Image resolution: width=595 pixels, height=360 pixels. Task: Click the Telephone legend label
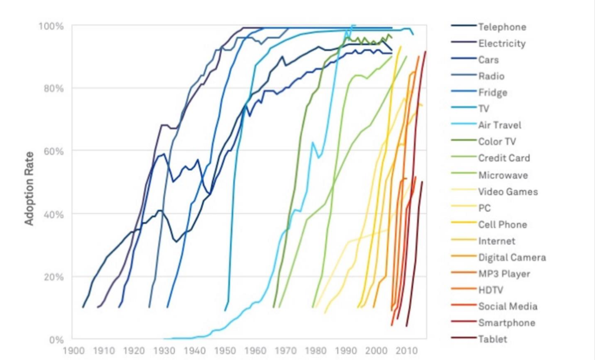coord(502,27)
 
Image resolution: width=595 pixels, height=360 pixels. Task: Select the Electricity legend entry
coord(502,44)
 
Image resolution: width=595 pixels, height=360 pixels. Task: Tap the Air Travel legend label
coord(499,125)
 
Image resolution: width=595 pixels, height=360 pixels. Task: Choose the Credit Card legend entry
coord(504,158)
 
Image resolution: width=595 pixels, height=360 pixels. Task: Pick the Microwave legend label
coord(503,175)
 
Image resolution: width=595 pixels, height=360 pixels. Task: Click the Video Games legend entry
coord(508,192)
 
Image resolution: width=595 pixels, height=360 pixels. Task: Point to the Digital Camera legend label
coord(512,257)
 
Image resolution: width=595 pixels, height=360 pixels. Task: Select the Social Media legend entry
coord(508,306)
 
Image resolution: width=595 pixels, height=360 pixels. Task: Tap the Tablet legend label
coord(493,339)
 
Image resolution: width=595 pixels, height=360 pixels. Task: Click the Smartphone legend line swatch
coord(464,322)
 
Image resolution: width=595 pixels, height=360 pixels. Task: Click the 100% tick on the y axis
coord(51,26)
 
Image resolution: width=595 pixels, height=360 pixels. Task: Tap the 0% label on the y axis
coord(56,340)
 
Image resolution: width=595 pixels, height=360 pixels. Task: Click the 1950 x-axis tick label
coord(225,351)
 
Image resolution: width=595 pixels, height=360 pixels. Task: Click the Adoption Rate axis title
coord(29,188)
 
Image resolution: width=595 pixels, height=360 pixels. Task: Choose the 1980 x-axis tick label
coord(316,351)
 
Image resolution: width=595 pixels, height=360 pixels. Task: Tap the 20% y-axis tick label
coord(53,277)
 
